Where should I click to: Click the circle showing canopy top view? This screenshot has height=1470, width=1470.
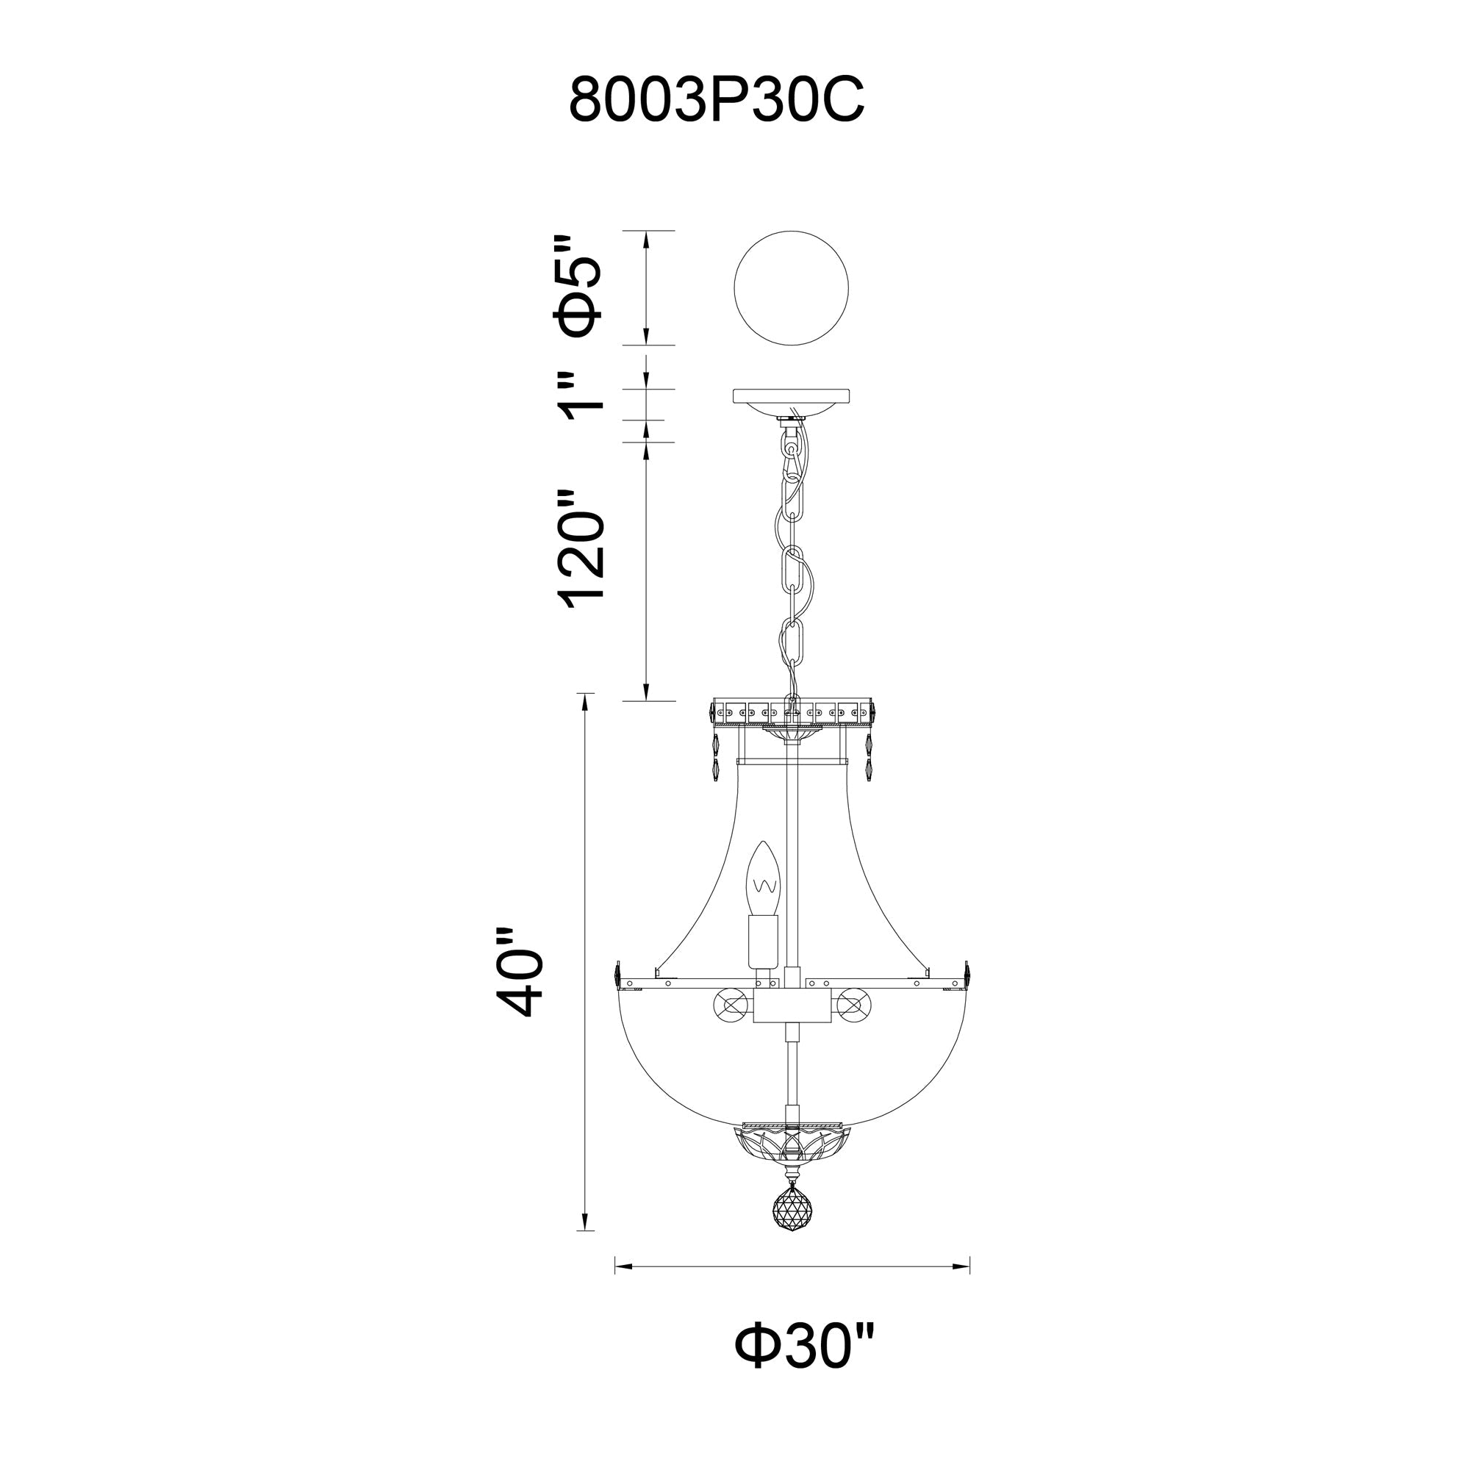coord(791,288)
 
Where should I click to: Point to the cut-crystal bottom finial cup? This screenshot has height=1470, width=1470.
coord(792,1161)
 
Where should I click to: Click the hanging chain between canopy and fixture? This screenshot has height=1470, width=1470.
coord(792,563)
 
